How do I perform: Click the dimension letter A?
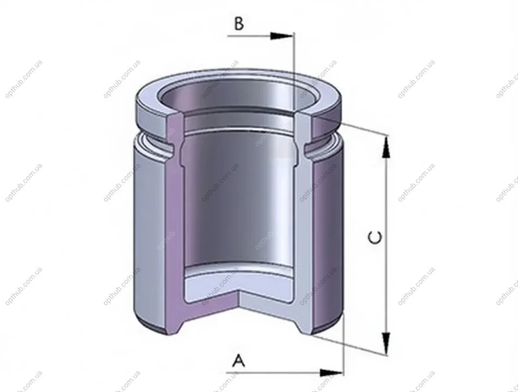[x=238, y=360]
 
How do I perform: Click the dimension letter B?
[x=239, y=23]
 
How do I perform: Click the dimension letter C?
[x=375, y=238]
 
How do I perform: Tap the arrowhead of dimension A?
[x=332, y=373]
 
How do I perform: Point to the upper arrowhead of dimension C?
[x=386, y=147]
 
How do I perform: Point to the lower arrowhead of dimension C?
[x=386, y=344]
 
